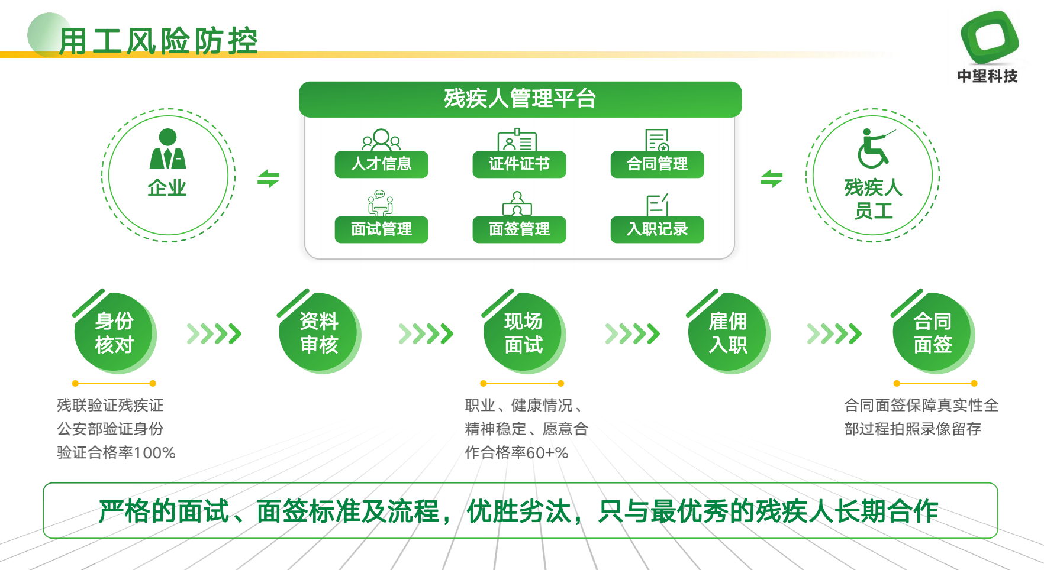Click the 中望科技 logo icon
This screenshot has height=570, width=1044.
pyautogui.click(x=989, y=36)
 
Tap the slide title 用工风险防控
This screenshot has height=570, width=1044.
pyautogui.click(x=159, y=41)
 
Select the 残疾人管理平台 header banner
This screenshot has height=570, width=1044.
pyautogui.click(x=520, y=99)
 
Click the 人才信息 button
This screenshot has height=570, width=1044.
pyautogui.click(x=381, y=164)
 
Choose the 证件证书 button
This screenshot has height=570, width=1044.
pyautogui.click(x=519, y=164)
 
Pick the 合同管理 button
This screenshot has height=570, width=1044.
pyautogui.click(x=657, y=164)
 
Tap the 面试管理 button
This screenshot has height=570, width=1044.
pyautogui.click(x=381, y=229)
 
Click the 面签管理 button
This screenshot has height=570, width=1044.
pyautogui.click(x=519, y=229)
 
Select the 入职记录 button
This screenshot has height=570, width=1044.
pyautogui.click(x=657, y=229)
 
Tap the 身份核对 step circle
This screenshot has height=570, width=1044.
pyautogui.click(x=114, y=332)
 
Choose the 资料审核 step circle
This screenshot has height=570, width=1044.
pyautogui.click(x=319, y=332)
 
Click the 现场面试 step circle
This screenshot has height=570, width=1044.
pyautogui.click(x=524, y=332)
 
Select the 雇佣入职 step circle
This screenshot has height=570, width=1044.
pyautogui.click(x=728, y=332)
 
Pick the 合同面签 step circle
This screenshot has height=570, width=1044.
pyautogui.click(x=933, y=332)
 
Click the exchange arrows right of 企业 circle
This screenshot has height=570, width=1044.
pyautogui.click(x=268, y=178)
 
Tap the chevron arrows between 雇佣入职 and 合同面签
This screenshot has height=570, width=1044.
pyautogui.click(x=834, y=334)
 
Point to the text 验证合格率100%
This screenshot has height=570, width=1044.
pyautogui.click(x=116, y=453)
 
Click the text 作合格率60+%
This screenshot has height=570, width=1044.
pyautogui.click(x=517, y=453)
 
